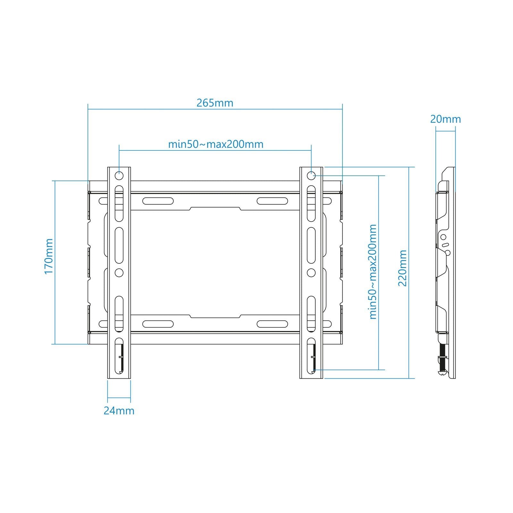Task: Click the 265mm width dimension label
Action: coord(215,103)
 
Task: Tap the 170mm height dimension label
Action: coord(48,256)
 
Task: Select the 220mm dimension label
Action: coord(402,268)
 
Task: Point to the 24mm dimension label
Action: coord(119,411)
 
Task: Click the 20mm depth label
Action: coord(445,119)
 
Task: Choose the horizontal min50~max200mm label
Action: coord(216,144)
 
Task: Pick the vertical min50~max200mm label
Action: coord(373,271)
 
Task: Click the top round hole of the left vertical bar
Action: coord(119,176)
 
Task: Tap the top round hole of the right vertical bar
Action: coord(311,176)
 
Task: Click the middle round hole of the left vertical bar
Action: coord(119,273)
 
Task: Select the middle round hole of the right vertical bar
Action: coord(311,273)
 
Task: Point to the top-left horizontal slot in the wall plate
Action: coord(158,201)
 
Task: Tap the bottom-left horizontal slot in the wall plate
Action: coord(158,324)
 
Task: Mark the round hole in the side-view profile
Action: coord(443,237)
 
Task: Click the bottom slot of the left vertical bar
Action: coord(119,356)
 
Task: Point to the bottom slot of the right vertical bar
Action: coord(311,356)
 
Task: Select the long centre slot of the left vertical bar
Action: coord(119,245)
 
